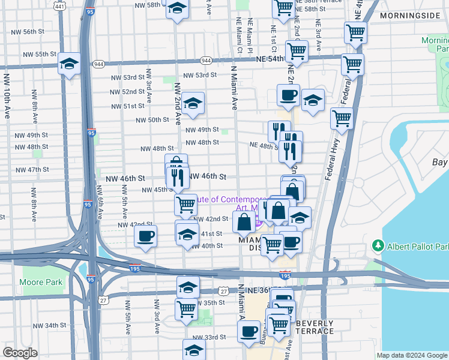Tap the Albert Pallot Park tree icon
tap(378, 246)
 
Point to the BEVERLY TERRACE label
tap(315, 327)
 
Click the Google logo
tap(20, 353)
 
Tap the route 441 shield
tap(59, 6)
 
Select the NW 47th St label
tap(32, 170)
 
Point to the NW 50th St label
tap(153, 120)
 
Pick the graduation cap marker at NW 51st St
tap(193, 103)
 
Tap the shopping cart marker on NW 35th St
tap(186, 309)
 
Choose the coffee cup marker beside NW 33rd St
tap(248, 331)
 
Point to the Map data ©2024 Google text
tap(411, 355)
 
